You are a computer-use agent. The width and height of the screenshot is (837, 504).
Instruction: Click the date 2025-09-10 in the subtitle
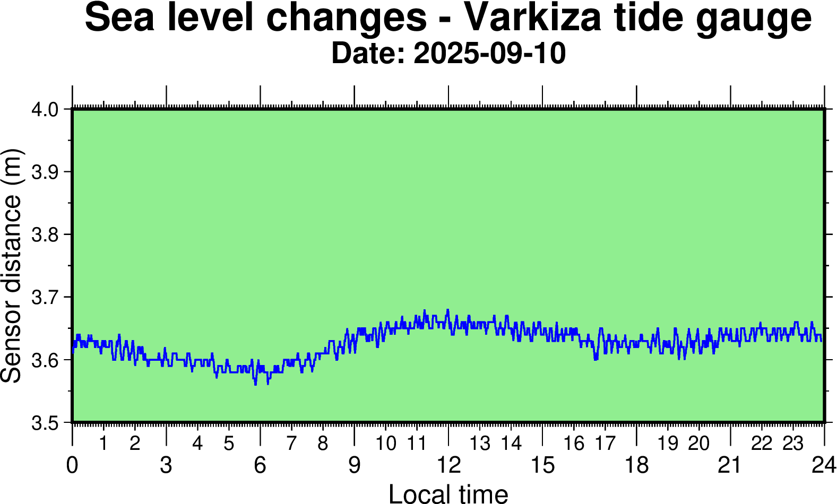coord(489,54)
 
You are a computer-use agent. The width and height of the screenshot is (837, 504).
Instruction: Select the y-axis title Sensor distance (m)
coord(12,265)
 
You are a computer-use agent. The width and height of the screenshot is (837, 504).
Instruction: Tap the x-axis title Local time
coord(448,493)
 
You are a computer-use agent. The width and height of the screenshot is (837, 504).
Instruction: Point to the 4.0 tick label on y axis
coord(45,110)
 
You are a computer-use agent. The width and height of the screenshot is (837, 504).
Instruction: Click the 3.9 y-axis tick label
coord(45,172)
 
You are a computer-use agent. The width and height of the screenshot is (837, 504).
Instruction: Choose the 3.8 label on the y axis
coord(45,235)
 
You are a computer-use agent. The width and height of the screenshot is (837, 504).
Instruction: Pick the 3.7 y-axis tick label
coord(45,298)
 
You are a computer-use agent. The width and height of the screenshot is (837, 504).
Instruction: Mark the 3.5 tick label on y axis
coord(45,423)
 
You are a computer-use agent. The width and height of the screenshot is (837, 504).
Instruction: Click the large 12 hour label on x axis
coord(448,465)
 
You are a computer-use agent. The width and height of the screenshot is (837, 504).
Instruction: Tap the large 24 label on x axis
coord(824,465)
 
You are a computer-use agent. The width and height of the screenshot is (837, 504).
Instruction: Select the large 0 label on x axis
coord(72,465)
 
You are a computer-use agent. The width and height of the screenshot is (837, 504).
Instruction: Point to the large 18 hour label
coord(636,465)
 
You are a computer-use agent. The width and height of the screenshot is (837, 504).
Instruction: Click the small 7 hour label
coord(291,444)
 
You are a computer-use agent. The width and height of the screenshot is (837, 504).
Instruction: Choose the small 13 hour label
coord(480,444)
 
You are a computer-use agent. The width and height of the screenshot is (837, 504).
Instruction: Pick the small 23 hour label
coord(793,444)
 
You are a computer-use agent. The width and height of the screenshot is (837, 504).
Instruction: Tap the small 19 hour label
coord(668,444)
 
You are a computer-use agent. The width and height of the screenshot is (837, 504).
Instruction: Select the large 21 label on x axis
coord(730,465)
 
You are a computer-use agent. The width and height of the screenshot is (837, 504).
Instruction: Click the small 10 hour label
coord(386,444)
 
